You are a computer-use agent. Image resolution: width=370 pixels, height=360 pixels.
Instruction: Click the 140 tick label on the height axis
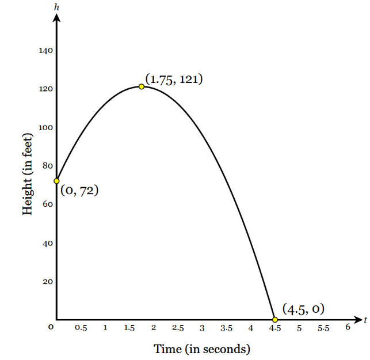point(46,51)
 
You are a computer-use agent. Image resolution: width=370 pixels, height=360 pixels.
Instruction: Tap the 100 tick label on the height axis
point(46,127)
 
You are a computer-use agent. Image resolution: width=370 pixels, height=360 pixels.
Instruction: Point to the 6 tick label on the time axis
point(348,327)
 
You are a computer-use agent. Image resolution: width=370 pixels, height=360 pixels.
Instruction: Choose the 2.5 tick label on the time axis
point(178,328)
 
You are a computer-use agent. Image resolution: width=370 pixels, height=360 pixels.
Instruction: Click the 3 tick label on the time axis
point(202,328)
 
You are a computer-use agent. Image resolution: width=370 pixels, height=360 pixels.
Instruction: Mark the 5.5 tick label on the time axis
point(323,328)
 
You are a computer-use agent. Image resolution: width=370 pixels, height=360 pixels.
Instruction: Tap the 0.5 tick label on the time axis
point(81,328)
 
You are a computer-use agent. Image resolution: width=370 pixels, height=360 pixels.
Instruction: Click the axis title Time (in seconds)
point(202,349)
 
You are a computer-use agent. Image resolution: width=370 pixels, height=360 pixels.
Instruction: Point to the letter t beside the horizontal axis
point(365,319)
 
